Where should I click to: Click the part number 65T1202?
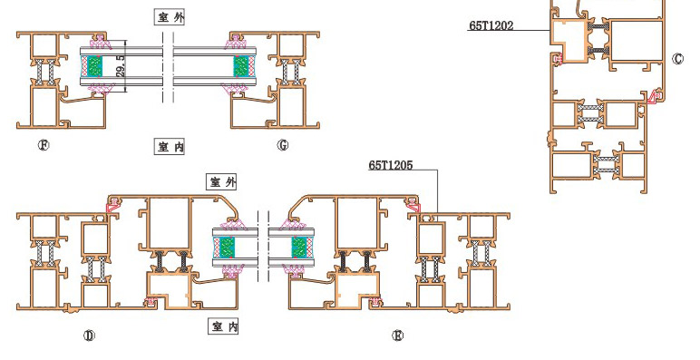tap(491, 25)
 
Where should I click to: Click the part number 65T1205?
tap(391, 166)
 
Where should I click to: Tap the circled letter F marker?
tap(44, 145)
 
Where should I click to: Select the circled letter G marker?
tap(283, 145)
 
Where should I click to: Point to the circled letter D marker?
tap(89, 336)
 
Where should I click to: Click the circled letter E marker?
tap(397, 336)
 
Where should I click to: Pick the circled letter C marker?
tap(677, 59)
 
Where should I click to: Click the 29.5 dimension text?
tap(121, 66)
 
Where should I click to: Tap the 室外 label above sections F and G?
tap(170, 17)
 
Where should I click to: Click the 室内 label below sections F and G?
tap(170, 147)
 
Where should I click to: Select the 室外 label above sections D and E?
tap(222, 181)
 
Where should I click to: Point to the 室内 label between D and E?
tap(224, 326)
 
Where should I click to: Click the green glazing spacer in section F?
tap(94, 66)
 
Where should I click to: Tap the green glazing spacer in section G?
tap(240, 66)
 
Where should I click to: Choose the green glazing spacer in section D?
tap(228, 248)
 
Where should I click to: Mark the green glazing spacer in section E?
tap(298, 248)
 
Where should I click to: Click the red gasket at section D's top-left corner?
tap(112, 206)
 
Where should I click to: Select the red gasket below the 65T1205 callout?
tap(413, 206)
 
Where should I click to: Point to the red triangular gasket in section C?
tap(654, 96)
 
